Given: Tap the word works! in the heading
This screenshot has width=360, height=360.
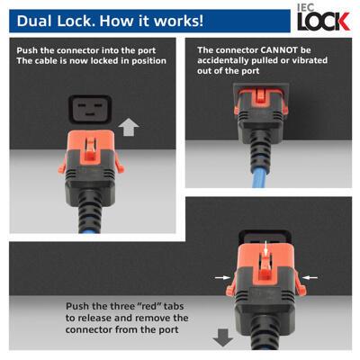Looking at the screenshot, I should pyautogui.click(x=175, y=19).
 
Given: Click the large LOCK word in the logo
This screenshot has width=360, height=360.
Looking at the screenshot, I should pyautogui.click(x=319, y=22).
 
